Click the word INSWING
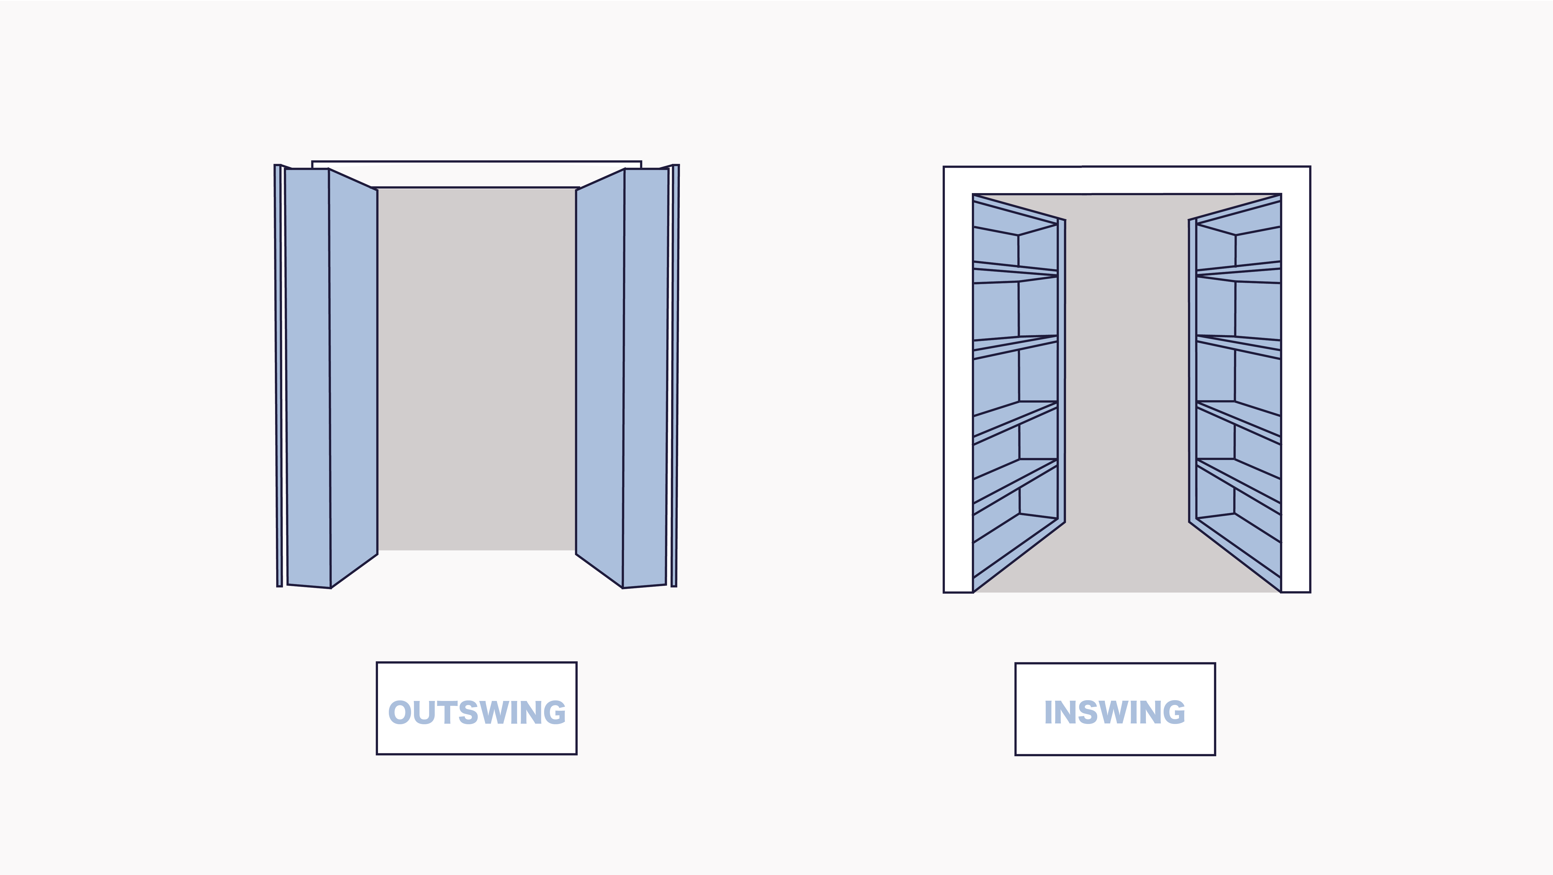click(x=1115, y=712)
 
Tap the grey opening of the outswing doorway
click(x=476, y=368)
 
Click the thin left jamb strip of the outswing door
click(x=279, y=374)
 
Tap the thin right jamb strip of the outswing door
click(x=675, y=374)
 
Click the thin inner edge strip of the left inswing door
click(x=1062, y=371)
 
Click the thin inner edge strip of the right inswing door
click(x=1192, y=371)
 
